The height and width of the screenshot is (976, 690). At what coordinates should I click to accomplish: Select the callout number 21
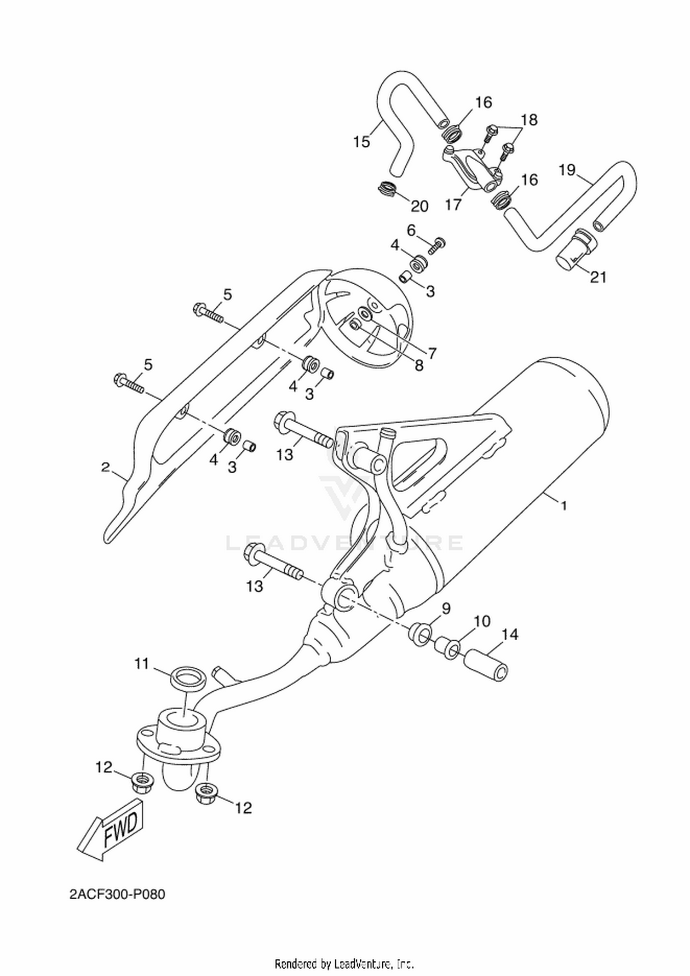coord(598,277)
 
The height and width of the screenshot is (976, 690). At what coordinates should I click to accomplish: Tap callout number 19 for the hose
coord(567,170)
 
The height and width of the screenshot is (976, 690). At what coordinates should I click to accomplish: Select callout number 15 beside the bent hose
coord(362,142)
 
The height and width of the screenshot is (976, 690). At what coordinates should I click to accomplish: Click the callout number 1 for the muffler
coord(563,506)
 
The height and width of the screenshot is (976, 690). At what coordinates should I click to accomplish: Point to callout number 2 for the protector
coord(106,468)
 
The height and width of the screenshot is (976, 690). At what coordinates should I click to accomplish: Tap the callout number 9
coord(446,609)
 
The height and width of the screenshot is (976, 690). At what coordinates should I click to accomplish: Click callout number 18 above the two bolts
coord(529,120)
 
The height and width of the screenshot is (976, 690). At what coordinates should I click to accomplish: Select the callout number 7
coord(432,353)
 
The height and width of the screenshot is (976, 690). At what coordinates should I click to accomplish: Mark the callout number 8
coord(419,366)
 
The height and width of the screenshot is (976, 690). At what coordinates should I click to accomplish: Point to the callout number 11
coord(142,664)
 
